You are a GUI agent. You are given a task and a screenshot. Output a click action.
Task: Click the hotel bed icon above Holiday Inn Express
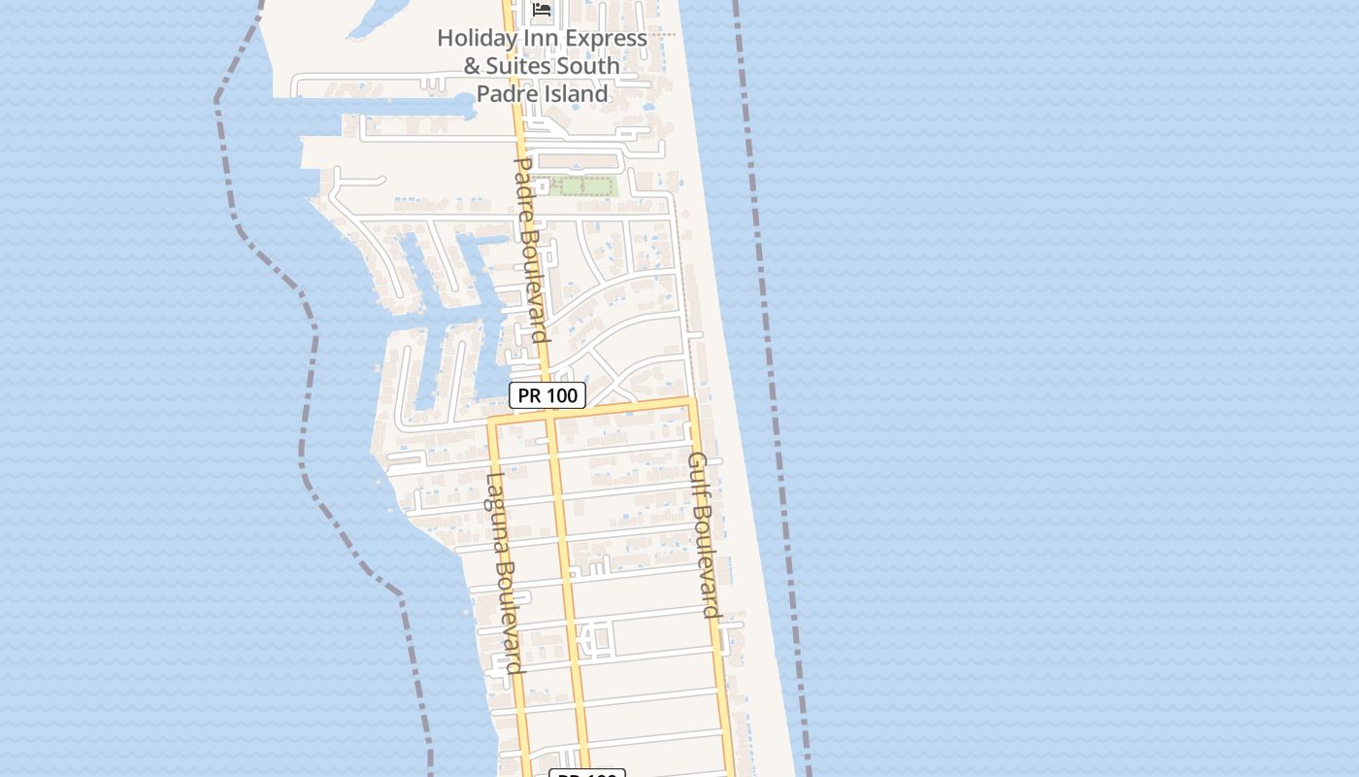(x=542, y=10)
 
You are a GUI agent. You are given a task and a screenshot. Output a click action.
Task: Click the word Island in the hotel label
(x=575, y=94)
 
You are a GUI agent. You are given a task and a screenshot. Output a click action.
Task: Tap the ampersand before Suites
(x=472, y=66)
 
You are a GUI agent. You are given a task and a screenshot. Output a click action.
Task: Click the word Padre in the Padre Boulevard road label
(x=522, y=188)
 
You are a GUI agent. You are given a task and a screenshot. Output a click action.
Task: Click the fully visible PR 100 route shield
(x=547, y=395)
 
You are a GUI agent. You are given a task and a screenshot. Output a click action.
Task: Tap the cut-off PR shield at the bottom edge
(x=587, y=774)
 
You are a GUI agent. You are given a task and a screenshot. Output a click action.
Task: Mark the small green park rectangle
(x=582, y=186)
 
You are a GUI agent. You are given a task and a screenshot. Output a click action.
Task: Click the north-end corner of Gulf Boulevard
(x=691, y=399)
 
